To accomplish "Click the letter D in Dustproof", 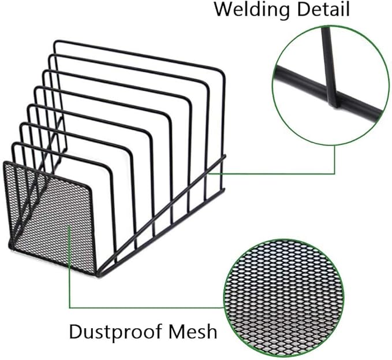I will (75, 332).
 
